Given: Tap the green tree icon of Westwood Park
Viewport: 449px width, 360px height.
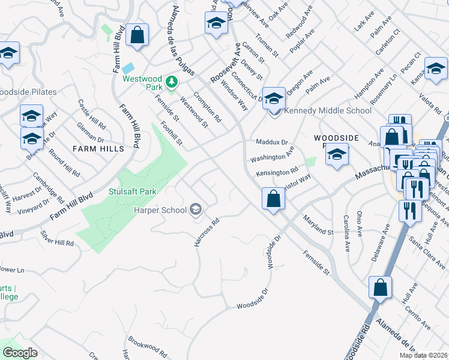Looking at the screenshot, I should tap(172, 80).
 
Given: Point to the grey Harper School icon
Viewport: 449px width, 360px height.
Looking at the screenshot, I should tap(195, 209).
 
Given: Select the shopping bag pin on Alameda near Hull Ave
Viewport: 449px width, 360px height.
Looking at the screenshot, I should tap(380, 287).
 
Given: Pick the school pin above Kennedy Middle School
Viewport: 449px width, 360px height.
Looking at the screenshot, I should tap(274, 97).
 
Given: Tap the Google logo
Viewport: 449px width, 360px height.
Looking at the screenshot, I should tap(20, 353).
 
